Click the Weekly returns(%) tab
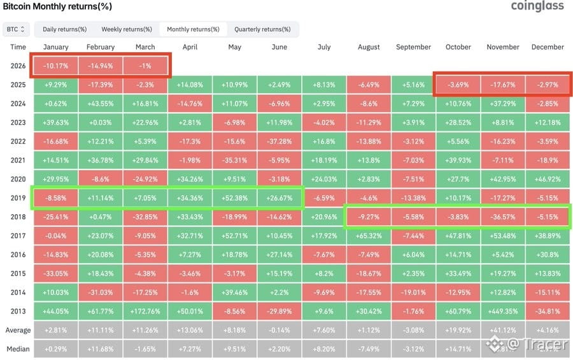point(127,29)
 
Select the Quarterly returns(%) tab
point(262,29)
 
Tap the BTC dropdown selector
point(16,29)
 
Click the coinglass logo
point(537,6)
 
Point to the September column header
point(413,47)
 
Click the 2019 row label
point(18,198)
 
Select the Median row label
point(18,349)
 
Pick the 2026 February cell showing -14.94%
point(101,66)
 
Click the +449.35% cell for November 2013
point(503,312)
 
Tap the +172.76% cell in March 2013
point(145,312)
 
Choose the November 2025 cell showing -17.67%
point(503,85)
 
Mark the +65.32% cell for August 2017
point(369,236)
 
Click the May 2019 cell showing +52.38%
point(234,198)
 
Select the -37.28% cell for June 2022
point(279,141)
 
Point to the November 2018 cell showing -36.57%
point(503,217)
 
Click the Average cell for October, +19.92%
point(458,330)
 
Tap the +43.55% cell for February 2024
point(101,104)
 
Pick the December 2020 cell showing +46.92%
point(548,179)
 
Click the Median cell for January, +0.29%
point(56,349)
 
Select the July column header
point(324,47)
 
